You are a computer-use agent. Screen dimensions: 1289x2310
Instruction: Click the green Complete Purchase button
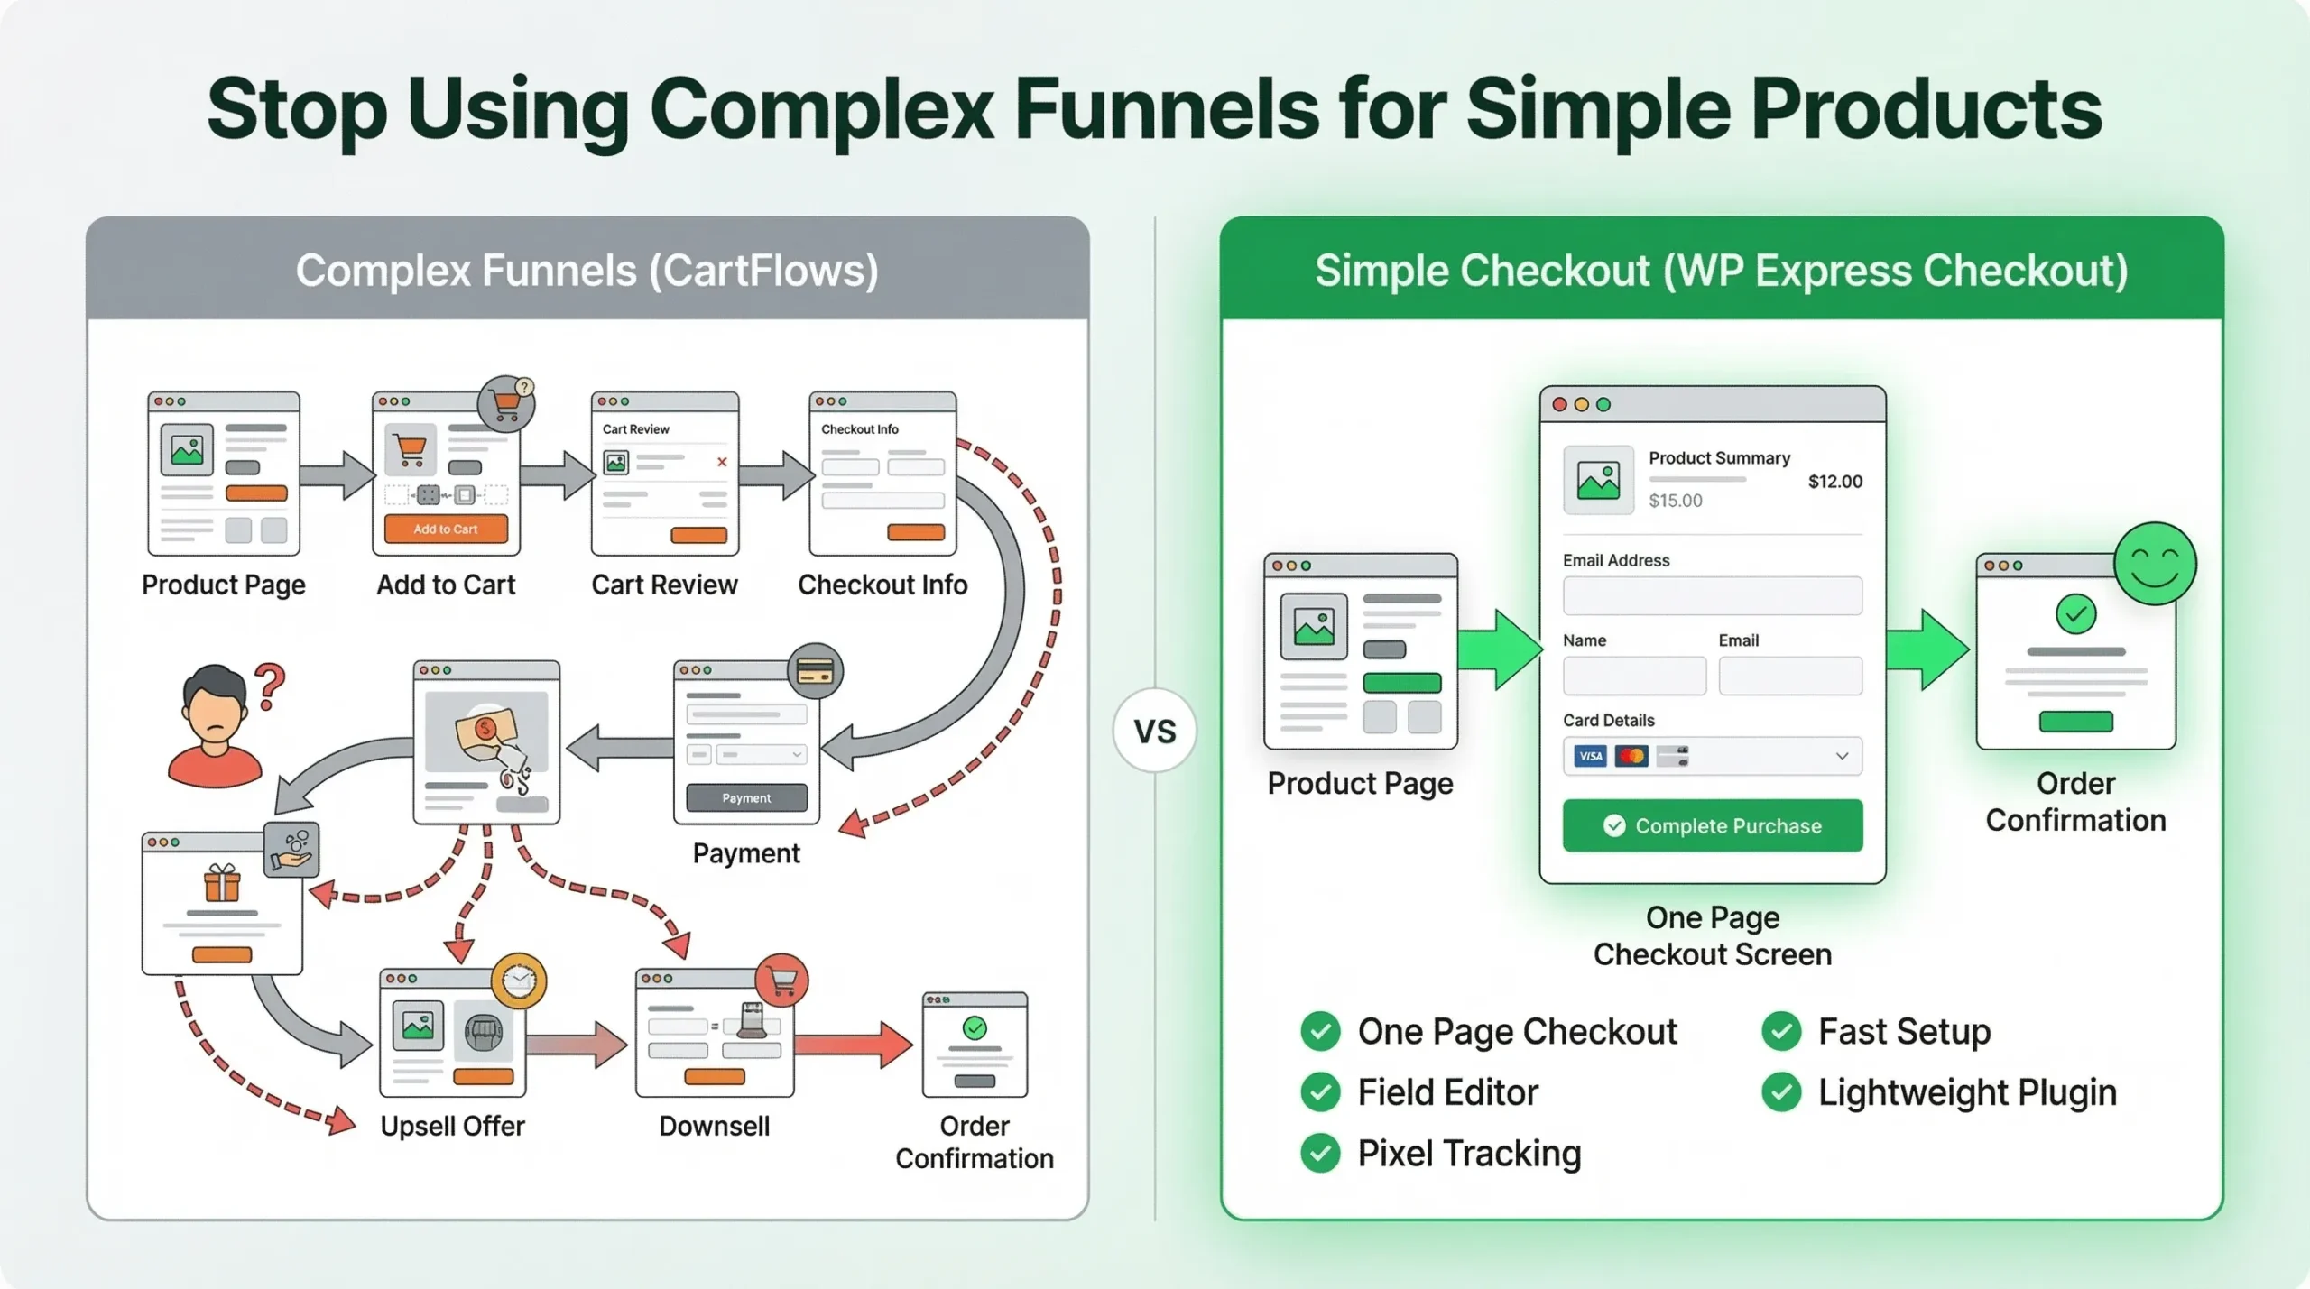click(1712, 825)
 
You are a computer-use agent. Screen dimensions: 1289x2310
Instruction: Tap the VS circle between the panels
click(1154, 731)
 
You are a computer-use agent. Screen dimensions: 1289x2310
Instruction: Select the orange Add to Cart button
click(446, 529)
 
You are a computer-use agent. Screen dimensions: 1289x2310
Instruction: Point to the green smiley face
click(2155, 564)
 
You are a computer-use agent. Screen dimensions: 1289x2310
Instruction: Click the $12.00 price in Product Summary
click(1834, 482)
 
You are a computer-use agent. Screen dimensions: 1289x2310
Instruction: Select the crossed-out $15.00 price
click(1675, 501)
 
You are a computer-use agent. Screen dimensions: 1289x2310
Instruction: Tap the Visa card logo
click(1590, 756)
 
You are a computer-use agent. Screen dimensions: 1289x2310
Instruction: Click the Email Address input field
click(1712, 596)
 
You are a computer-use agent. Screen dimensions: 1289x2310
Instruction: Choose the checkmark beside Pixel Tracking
click(1320, 1153)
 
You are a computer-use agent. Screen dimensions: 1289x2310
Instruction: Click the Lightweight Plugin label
click(1967, 1092)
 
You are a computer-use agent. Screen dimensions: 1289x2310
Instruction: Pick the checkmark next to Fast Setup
click(1781, 1031)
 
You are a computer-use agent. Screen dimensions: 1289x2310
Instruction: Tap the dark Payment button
click(746, 798)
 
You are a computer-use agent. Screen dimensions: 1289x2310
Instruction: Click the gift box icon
click(222, 883)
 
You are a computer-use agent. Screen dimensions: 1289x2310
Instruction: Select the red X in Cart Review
click(722, 463)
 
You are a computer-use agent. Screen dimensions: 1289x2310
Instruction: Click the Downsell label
click(714, 1126)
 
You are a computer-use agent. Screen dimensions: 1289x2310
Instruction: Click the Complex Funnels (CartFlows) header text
click(587, 271)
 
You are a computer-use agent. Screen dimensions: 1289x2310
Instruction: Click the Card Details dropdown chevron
click(1842, 756)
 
